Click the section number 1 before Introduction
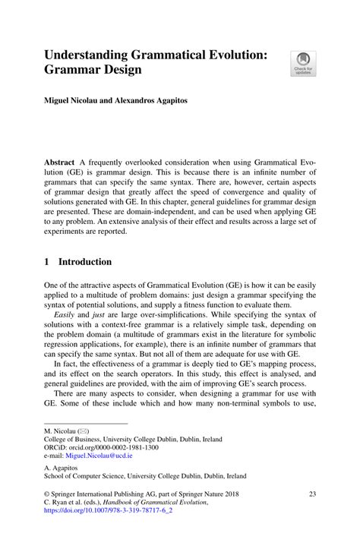(x=47, y=262)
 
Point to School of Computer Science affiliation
(x=145, y=477)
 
